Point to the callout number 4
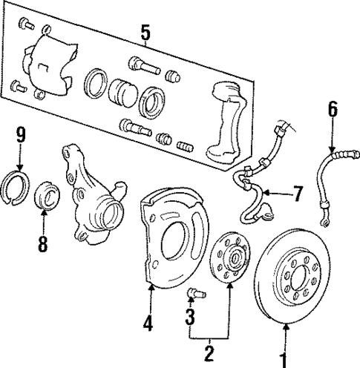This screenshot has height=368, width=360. [149, 323]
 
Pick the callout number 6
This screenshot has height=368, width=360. [332, 110]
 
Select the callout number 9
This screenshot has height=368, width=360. [21, 135]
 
